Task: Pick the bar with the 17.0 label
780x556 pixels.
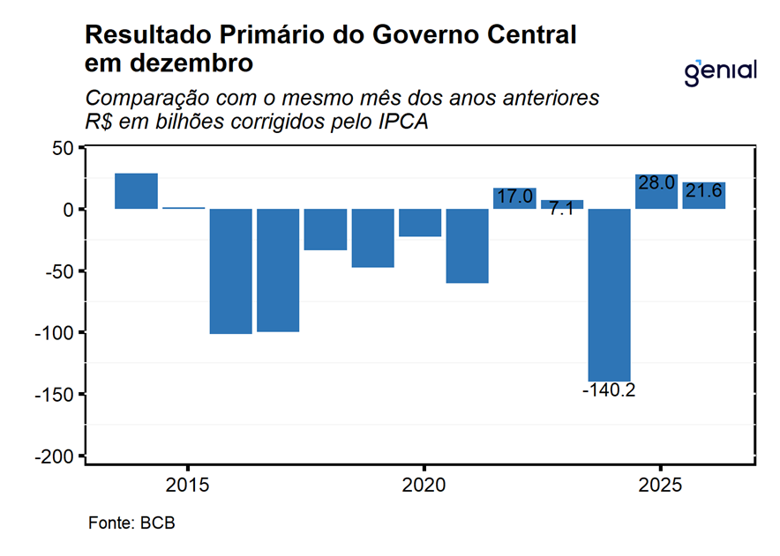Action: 514,198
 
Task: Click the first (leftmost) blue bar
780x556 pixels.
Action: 137,191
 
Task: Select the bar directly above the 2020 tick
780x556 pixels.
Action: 420,223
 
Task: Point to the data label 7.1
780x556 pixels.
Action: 562,210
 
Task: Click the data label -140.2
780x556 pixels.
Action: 610,389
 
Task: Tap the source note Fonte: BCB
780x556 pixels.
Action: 131,523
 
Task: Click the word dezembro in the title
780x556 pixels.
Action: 188,63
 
